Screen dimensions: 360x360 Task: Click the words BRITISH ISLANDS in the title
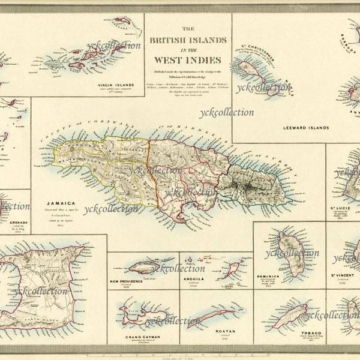188,41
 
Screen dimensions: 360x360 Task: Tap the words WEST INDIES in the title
188,59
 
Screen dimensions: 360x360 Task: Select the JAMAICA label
63,203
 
